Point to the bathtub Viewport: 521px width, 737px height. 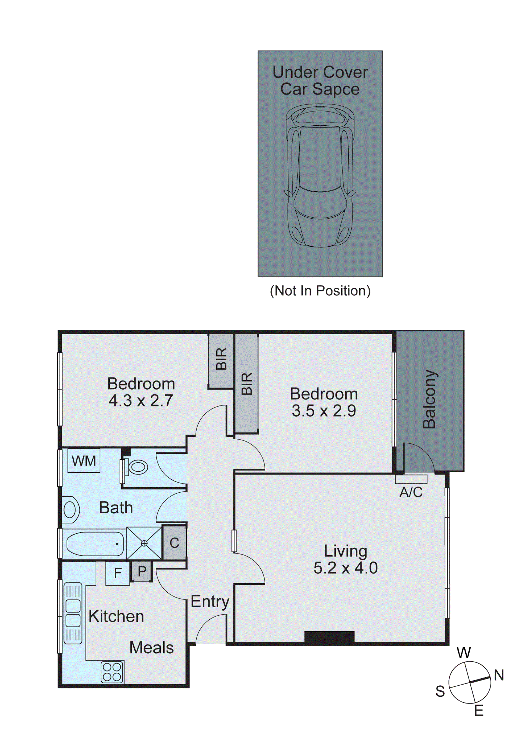tap(95, 544)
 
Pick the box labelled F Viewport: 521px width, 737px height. tap(118, 573)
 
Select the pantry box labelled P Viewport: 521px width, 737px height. tap(142, 571)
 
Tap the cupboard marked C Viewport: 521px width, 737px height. tap(174, 543)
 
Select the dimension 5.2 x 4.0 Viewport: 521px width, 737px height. tap(345, 568)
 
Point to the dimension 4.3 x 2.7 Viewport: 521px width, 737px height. tap(141, 401)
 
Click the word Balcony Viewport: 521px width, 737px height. tap(429, 399)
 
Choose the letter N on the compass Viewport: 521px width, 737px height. tap(499, 675)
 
